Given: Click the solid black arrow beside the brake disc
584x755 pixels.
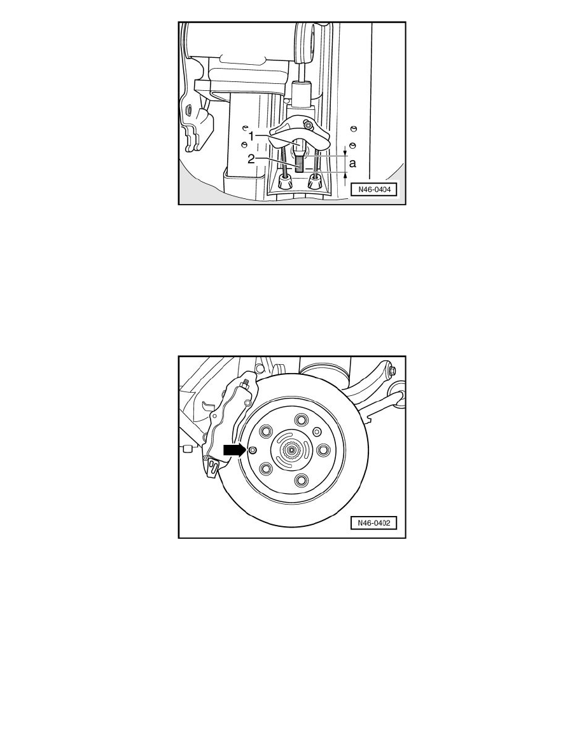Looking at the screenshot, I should pyautogui.click(x=234, y=450).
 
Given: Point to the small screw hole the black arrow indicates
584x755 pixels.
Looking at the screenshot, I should pyautogui.click(x=253, y=450).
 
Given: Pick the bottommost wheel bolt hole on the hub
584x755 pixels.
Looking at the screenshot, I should pyautogui.click(x=302, y=479).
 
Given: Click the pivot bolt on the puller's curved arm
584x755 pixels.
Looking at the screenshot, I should pyautogui.click(x=308, y=125).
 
